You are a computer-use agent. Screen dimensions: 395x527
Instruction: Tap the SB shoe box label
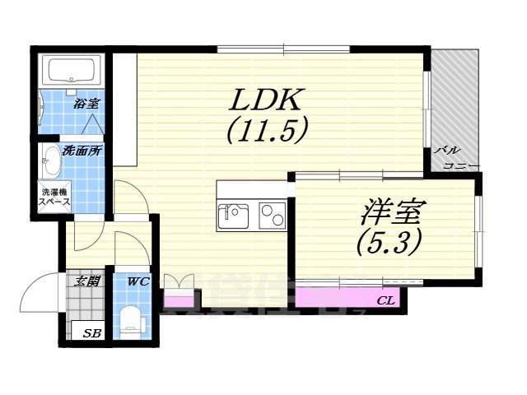(x=92, y=334)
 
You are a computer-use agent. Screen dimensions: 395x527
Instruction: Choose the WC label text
(x=136, y=282)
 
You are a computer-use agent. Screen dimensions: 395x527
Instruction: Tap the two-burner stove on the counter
(x=271, y=216)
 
